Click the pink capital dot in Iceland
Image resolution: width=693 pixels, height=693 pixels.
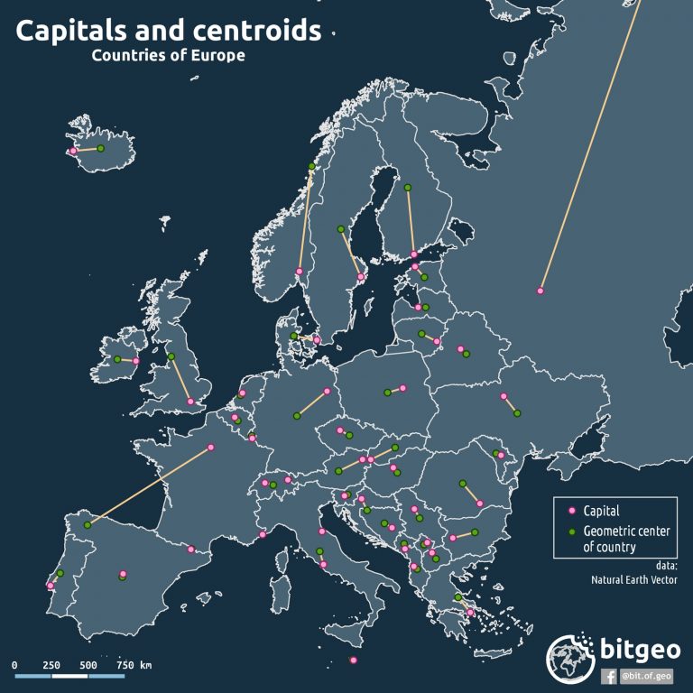point(73,151)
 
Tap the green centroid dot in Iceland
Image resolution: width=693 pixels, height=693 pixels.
point(101,148)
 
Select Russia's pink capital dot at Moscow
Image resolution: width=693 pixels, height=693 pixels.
point(540,291)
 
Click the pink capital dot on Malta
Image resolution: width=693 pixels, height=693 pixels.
point(353,661)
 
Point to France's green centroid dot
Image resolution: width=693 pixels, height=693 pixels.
point(88,525)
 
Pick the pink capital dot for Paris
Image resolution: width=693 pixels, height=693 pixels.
point(211,447)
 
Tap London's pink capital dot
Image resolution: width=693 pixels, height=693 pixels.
point(189,402)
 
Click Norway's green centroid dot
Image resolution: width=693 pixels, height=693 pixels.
point(312,166)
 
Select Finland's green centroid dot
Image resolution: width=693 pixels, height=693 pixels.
point(408,188)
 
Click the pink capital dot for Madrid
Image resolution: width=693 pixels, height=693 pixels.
point(124,573)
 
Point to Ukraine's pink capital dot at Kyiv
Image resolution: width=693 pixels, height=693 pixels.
point(503,396)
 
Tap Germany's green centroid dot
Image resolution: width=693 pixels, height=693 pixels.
point(296,416)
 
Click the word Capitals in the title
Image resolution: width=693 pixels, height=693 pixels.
point(74,31)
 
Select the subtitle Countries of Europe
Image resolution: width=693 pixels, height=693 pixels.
point(168,56)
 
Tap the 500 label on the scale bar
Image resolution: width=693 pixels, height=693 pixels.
point(88,665)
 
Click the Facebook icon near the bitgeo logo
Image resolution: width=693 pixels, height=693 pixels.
point(610,675)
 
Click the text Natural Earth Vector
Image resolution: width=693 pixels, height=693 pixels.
point(634,579)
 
